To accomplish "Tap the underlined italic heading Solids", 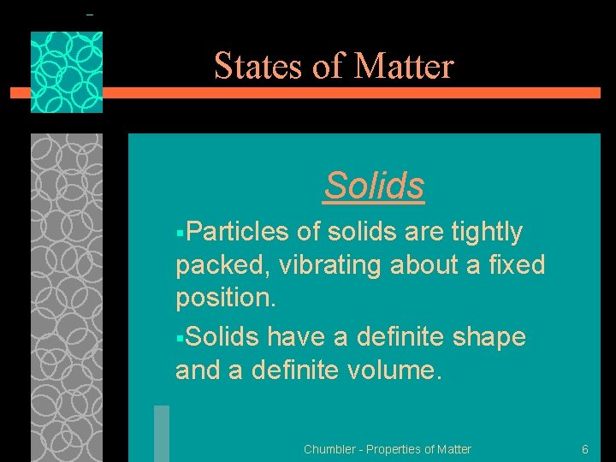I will click(x=374, y=185).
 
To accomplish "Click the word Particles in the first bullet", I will click(x=237, y=232).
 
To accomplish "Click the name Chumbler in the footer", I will click(x=329, y=449).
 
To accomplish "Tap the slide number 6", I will click(x=584, y=449).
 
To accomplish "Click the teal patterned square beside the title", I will click(x=67, y=73).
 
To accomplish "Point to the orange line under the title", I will click(x=342, y=93).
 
